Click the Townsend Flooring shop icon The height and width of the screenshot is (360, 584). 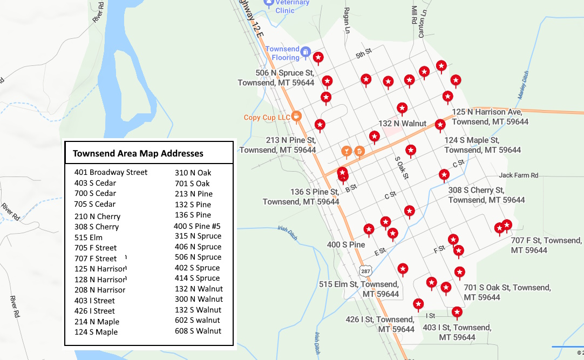tap(305, 52)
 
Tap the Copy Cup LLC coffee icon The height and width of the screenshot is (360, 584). tap(296, 117)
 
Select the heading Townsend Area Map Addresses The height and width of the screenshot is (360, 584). tap(138, 153)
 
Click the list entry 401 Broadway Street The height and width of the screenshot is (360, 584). tap(111, 173)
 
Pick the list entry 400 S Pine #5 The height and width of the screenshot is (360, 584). tap(197, 226)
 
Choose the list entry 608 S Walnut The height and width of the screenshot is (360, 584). tap(198, 331)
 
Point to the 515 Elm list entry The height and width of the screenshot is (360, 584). tap(89, 237)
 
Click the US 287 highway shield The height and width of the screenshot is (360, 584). tap(365, 269)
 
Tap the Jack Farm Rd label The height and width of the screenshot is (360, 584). tap(519, 175)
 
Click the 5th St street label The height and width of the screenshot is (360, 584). tap(364, 54)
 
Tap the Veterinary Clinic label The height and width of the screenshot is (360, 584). tap(293, 6)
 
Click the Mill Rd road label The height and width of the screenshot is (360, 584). tap(415, 15)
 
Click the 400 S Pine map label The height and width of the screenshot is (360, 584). tap(346, 244)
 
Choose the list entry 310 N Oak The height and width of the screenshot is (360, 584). tap(193, 173)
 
